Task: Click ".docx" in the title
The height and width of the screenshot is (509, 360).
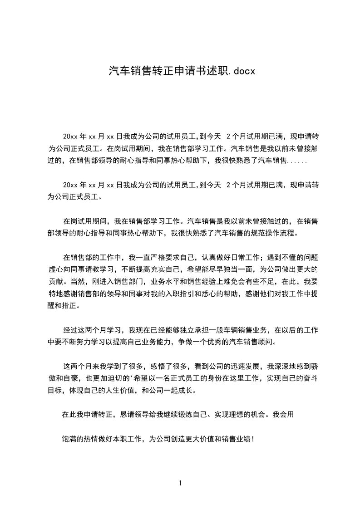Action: pos(241,71)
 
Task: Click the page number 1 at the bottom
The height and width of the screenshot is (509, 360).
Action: pos(180,483)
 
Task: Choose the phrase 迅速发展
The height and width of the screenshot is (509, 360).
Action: pos(244,366)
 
